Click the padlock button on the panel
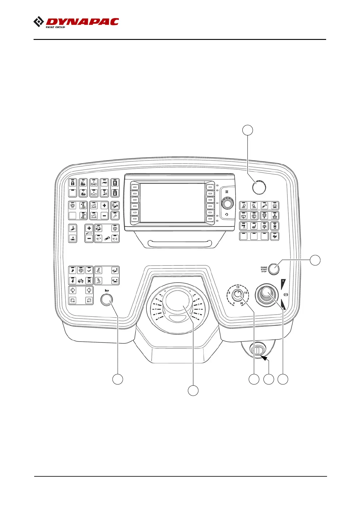coord(73,183)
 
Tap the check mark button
coord(89,271)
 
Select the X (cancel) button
coord(89,281)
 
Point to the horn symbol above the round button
coord(106,291)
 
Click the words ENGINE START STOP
coord(264,269)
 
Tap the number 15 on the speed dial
coord(246,293)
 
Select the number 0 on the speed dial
coord(234,303)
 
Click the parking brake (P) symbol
coord(286,295)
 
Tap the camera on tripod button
coord(244,226)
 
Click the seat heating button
coord(254,226)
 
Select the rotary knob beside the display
coord(227,203)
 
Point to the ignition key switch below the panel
coord(257,351)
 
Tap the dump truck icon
coord(81,281)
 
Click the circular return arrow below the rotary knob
coord(227,214)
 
